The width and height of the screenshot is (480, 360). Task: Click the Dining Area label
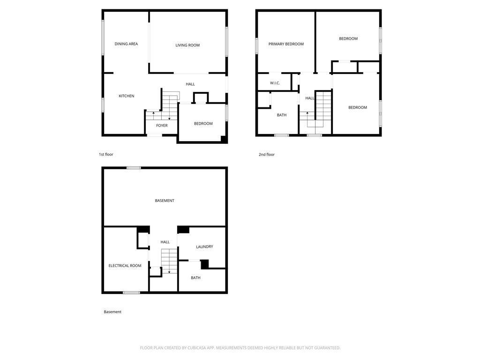(126, 44)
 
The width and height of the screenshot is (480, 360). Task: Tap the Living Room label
(187, 45)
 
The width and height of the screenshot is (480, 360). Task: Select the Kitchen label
(126, 96)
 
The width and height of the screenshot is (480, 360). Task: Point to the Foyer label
(162, 126)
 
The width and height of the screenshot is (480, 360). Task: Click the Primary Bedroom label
(286, 44)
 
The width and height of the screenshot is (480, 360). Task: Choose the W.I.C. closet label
(275, 83)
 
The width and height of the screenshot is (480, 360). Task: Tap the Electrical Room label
(125, 266)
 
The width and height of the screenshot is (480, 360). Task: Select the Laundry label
(204, 247)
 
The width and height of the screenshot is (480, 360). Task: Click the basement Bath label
(195, 278)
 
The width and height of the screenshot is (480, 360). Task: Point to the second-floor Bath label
(281, 115)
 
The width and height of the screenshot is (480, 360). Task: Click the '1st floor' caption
(106, 154)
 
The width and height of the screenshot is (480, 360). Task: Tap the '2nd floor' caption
(267, 154)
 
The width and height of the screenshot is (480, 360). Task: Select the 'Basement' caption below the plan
(112, 312)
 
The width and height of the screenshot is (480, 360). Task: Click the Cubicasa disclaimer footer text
(240, 348)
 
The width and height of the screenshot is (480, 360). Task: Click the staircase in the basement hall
(169, 261)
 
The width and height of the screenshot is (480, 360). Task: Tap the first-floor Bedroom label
(203, 124)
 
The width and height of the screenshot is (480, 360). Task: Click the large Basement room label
(165, 201)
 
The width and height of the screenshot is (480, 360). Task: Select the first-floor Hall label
(190, 84)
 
